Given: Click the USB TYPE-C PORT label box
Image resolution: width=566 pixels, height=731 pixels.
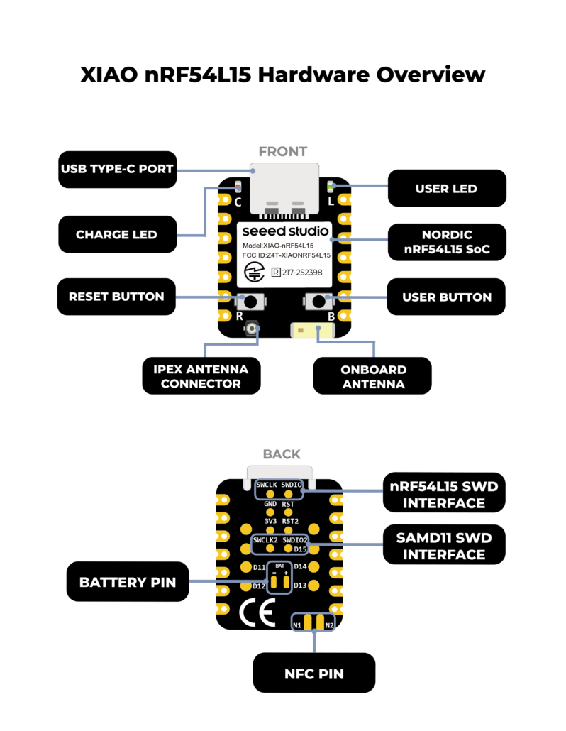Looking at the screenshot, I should [x=117, y=170].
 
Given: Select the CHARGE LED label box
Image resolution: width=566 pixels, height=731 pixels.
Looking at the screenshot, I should [x=117, y=234].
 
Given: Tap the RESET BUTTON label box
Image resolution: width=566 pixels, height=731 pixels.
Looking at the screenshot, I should [x=116, y=297].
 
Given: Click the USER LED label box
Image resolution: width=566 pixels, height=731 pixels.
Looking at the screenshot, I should [x=446, y=189].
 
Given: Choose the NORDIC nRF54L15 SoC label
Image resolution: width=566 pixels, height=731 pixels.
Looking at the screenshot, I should [x=446, y=242].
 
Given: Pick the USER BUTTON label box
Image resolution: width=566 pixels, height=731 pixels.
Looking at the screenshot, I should [x=446, y=297].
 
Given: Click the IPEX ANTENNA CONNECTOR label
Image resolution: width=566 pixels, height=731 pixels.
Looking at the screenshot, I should [x=201, y=376].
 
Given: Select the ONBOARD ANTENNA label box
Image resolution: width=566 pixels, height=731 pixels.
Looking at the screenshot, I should [x=372, y=376].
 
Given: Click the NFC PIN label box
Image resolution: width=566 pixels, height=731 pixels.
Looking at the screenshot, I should [x=313, y=672].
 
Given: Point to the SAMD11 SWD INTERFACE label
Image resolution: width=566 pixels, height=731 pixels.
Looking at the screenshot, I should [x=444, y=545].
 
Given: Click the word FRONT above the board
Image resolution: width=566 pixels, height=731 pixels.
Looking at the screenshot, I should [x=282, y=151].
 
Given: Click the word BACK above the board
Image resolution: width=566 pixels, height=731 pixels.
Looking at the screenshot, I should [x=282, y=454].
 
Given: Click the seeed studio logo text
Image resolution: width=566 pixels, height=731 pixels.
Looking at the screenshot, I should [x=284, y=231].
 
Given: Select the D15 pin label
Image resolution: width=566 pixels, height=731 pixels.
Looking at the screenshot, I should [x=300, y=549].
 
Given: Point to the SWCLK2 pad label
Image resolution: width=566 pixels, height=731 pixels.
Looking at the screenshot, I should [x=265, y=540].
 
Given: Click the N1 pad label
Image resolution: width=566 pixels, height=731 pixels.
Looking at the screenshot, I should [x=297, y=625].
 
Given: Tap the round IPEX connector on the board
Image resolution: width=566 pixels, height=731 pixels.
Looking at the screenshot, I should [x=251, y=329].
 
